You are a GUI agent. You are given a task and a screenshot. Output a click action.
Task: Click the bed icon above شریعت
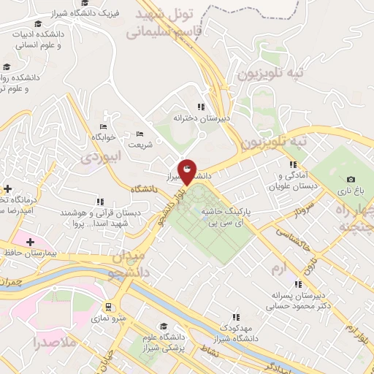140,134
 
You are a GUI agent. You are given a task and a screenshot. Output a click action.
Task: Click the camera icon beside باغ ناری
351,180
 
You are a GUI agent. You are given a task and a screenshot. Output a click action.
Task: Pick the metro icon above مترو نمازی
109,307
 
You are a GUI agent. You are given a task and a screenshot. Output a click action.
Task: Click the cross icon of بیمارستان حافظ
28,241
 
